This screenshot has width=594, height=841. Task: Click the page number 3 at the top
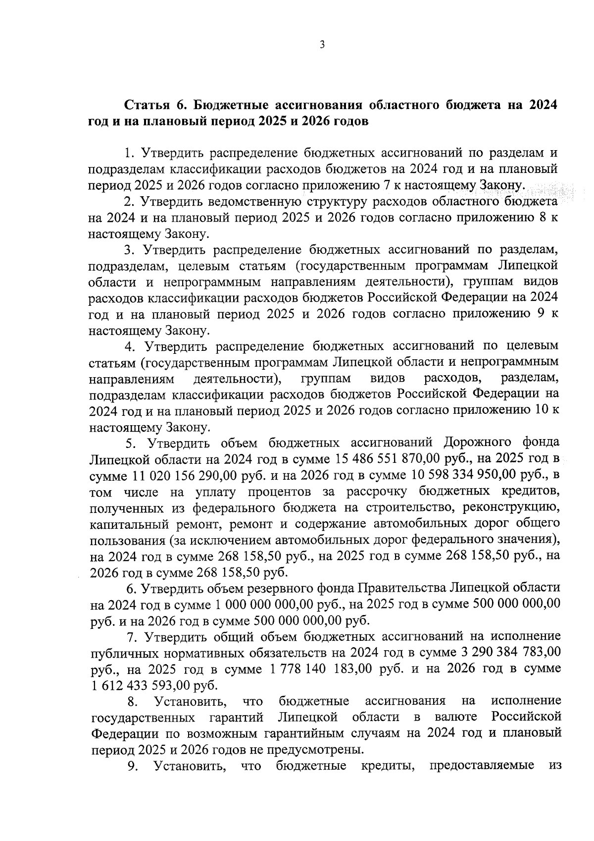point(322,46)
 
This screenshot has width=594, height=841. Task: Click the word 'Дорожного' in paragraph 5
point(478,443)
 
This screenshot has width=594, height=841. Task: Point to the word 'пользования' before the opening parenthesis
point(126,540)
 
